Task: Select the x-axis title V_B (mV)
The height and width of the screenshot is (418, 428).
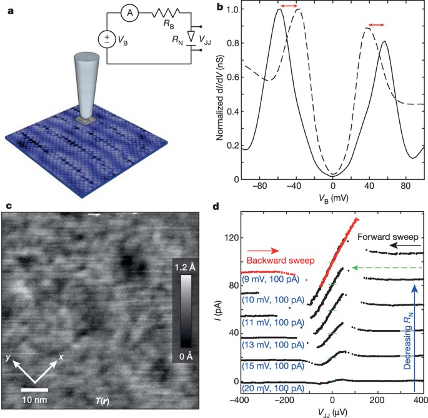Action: (331, 200)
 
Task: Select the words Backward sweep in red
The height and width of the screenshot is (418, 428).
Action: (272, 261)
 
